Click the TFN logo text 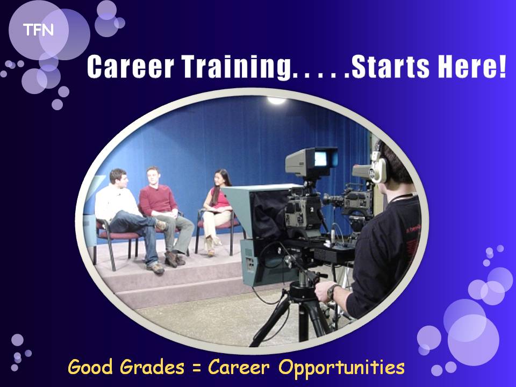[38, 30]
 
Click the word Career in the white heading [130, 66]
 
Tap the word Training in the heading [236, 68]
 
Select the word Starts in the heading [391, 66]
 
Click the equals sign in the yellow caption [197, 368]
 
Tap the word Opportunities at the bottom [341, 368]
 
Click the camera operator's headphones [379, 166]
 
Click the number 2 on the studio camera [312, 209]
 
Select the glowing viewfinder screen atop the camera [320, 159]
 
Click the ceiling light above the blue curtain [276, 100]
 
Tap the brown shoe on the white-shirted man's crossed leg [161, 225]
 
